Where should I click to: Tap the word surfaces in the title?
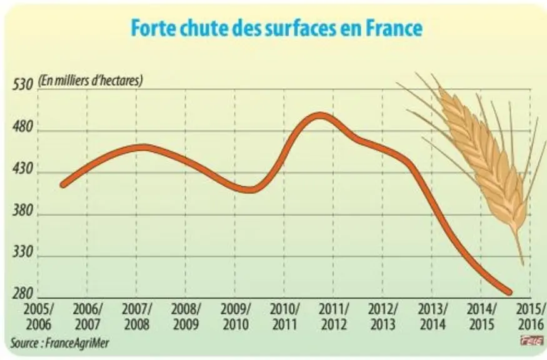296,28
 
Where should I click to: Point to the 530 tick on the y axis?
23,85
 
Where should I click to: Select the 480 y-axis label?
23,127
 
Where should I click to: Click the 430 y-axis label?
23,169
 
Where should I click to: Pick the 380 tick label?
23,211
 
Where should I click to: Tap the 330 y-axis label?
23,252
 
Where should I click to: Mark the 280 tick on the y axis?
23,294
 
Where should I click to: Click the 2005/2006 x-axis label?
39,317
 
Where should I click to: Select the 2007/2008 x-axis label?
137,317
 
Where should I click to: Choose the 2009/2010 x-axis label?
236,317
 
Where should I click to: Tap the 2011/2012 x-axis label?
334,317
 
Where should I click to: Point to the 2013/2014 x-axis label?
433,317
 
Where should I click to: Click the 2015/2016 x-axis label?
531,317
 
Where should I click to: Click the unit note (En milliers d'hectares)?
91,81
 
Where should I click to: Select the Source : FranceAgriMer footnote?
59,343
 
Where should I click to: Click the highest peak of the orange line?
320,116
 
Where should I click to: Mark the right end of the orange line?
509,292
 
